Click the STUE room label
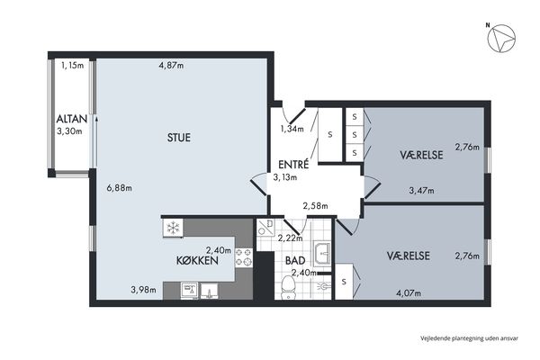point(179,138)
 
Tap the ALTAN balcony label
point(72,119)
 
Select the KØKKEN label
point(197,260)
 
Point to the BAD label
point(295,260)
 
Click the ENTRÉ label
point(293,165)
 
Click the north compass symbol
point(501,38)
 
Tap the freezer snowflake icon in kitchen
point(173,228)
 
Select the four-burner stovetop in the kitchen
point(244,257)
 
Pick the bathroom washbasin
point(322,253)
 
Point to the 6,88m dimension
point(119,188)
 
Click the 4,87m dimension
point(171,66)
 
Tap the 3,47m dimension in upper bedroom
point(421,190)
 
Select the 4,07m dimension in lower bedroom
point(409,293)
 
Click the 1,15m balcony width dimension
point(72,65)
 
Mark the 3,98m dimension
point(143,290)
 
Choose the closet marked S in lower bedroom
point(344,282)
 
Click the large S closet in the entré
point(330,134)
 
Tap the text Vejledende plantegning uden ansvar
point(469,338)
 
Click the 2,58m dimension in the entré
point(315,206)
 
